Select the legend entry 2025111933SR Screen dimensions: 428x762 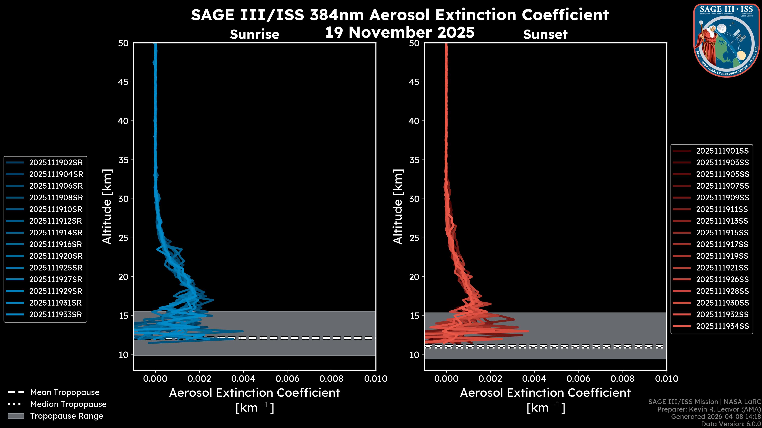click(55, 314)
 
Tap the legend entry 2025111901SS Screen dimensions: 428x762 click(722, 151)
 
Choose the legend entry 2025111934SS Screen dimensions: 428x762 click(722, 326)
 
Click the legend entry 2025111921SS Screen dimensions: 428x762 click(722, 268)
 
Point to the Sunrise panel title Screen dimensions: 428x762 click(254, 34)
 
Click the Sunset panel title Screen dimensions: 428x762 click(545, 34)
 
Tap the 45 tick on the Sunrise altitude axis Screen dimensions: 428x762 click(123, 82)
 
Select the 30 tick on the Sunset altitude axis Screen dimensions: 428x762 click(414, 199)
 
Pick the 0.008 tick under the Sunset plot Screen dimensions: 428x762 click(623, 379)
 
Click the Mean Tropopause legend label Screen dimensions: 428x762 click(65, 392)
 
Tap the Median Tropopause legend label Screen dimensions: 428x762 click(68, 404)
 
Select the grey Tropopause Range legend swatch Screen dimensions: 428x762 click(16, 416)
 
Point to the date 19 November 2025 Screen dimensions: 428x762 click(400, 32)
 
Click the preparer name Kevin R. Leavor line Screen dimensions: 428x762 click(709, 409)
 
